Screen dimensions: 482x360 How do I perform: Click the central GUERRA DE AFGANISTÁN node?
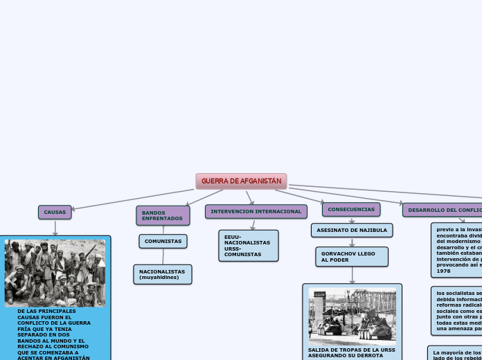[x=241, y=181]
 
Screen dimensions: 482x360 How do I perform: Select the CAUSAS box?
[x=55, y=212]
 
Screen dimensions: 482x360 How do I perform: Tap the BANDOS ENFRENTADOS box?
[x=163, y=215]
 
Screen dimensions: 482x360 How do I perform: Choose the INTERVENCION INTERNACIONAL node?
[x=256, y=211]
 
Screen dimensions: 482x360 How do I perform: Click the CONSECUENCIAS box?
[x=351, y=209]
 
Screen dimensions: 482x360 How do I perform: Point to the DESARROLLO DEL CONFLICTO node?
[x=443, y=210]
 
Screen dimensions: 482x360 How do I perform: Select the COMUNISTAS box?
[x=163, y=241]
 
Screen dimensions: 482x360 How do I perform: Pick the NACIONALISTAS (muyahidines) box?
[x=162, y=274]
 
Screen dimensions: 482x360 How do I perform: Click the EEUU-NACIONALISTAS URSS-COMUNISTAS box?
[x=248, y=246]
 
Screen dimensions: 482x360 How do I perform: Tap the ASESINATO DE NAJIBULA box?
[x=352, y=230]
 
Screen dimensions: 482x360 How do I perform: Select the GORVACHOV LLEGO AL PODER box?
[x=351, y=257]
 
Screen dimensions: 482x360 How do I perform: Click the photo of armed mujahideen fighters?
[x=55, y=273]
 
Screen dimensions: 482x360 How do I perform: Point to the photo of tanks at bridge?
[x=352, y=316]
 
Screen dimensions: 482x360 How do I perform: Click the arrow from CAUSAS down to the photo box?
[x=55, y=228]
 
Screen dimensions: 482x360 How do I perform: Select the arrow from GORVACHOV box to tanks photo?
[x=352, y=275]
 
